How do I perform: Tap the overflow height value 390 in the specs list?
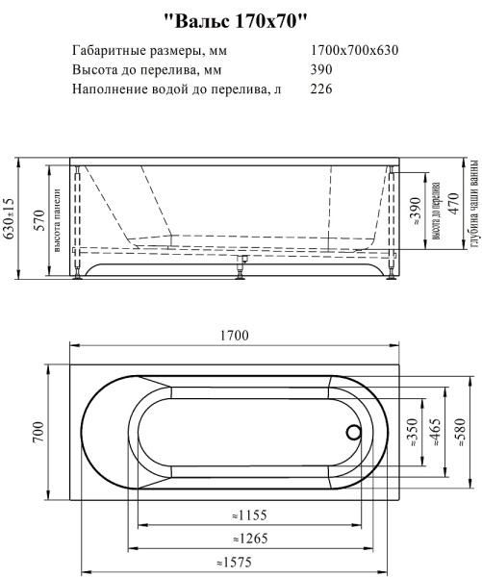(x=322, y=70)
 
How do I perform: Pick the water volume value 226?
(x=322, y=89)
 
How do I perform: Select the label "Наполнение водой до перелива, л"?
(x=177, y=89)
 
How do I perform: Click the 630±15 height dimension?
(x=10, y=219)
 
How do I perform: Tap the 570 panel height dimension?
(x=39, y=219)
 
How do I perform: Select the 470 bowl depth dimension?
(x=454, y=219)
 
